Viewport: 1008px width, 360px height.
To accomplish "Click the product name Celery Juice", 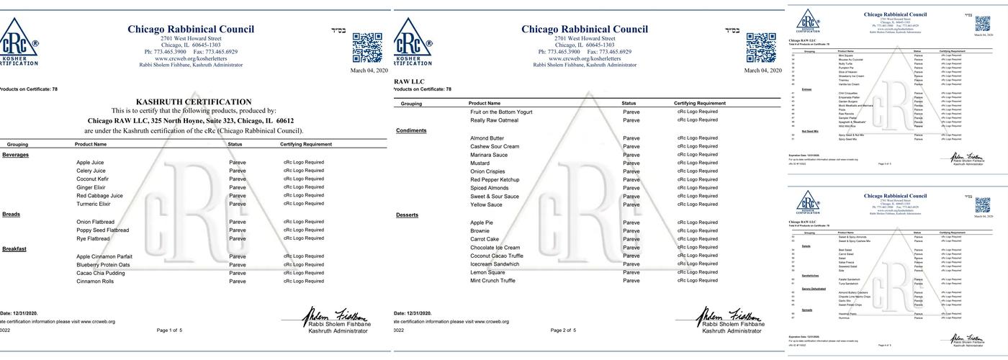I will pos(91,171).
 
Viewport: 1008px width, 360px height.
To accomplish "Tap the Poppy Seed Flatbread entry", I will pos(103,230).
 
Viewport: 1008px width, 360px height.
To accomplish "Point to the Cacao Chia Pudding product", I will pos(100,273).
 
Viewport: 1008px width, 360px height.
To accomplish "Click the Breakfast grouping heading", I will pos(14,248).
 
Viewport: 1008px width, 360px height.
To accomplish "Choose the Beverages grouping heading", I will pos(15,155).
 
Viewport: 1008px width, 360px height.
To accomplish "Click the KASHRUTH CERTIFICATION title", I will pos(194,102).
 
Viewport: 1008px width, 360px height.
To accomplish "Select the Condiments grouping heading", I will pos(411,130).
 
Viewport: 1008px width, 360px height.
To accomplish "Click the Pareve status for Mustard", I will pos(631,163).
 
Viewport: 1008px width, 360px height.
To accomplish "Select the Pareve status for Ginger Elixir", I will pos(238,187).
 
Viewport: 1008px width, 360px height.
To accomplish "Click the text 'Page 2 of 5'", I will pos(563,330).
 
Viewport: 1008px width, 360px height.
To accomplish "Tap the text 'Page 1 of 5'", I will pos(169,330).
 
